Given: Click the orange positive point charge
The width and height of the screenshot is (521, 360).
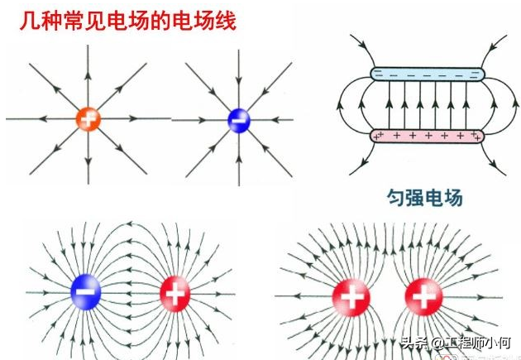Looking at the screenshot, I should [88, 118].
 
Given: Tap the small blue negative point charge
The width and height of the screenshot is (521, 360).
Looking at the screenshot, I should [239, 121].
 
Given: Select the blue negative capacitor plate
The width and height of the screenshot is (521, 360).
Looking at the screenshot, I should [428, 74].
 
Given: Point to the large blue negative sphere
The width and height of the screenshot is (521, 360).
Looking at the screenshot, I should [86, 290].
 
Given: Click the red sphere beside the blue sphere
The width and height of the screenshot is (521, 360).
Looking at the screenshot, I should [174, 291].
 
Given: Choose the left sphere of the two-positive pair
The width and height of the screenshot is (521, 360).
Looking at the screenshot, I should [351, 295].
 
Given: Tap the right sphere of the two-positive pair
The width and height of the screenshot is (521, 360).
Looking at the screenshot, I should [423, 295].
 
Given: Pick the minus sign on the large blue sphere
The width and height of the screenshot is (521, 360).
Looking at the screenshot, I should [86, 290].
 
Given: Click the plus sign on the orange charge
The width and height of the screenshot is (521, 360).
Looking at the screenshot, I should [88, 118].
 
